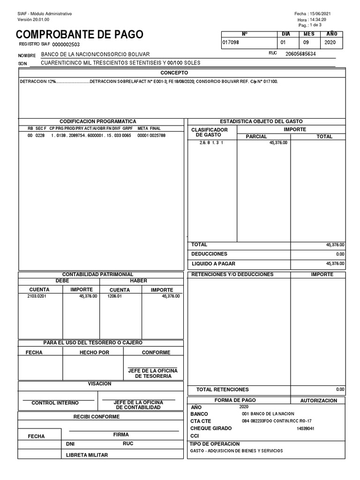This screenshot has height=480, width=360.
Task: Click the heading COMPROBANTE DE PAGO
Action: point(80,35)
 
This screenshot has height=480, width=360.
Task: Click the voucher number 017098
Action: point(231,42)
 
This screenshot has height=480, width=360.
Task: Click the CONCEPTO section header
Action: point(174,73)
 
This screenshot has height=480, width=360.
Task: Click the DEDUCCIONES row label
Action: point(209,254)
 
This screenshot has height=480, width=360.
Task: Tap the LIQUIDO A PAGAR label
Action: point(212,263)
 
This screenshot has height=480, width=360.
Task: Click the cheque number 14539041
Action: point(305,428)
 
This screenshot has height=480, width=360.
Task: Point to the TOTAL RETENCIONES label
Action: point(222,390)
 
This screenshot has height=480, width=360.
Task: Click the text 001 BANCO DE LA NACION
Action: point(268,414)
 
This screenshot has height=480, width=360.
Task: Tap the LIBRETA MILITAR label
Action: point(87,455)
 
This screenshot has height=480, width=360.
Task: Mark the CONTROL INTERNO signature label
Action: point(55,403)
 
